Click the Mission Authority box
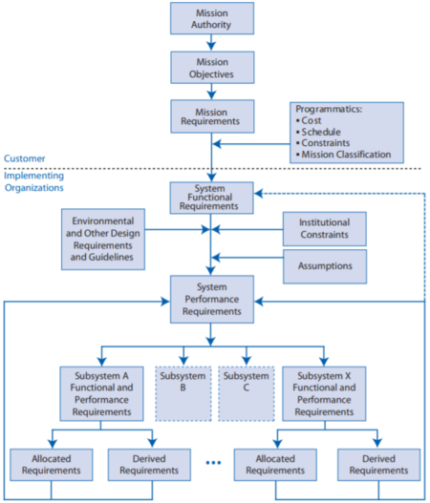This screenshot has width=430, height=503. click(212, 18)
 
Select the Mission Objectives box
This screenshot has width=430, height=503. click(212, 67)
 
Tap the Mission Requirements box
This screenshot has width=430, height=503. click(212, 115)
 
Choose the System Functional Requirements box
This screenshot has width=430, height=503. click(212, 199)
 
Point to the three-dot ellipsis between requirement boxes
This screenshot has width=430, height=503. click(213, 465)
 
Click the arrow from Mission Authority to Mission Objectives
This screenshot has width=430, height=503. click(212, 42)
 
